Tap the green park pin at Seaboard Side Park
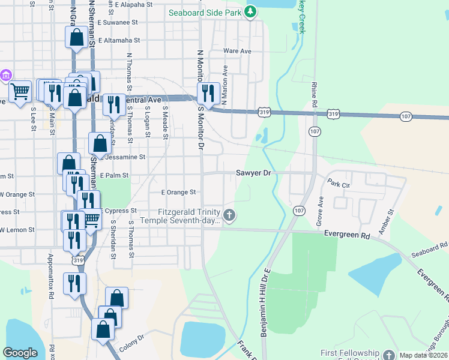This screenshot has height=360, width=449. (x=251, y=11)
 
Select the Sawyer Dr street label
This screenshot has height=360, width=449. (x=253, y=173)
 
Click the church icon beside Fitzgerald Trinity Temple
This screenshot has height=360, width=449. (x=229, y=215)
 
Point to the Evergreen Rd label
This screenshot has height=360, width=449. (x=346, y=236)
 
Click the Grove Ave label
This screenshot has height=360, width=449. (x=320, y=212)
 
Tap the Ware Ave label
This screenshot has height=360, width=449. (x=237, y=51)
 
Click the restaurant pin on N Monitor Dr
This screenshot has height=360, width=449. (x=208, y=94)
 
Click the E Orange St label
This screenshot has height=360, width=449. (x=179, y=193)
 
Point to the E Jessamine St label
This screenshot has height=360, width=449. (x=125, y=157)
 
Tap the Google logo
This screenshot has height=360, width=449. (x=20, y=353)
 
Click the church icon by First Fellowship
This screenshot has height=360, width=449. (x=388, y=354)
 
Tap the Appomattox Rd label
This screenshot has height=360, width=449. (x=51, y=277)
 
